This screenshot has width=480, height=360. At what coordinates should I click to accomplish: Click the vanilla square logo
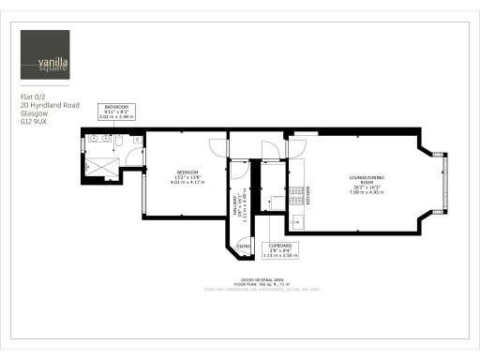click(45, 55)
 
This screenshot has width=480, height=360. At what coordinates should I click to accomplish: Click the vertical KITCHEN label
click(307, 195)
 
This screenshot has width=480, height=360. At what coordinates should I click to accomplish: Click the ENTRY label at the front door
click(243, 246)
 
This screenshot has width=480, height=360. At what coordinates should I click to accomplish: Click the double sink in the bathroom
click(104, 140)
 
